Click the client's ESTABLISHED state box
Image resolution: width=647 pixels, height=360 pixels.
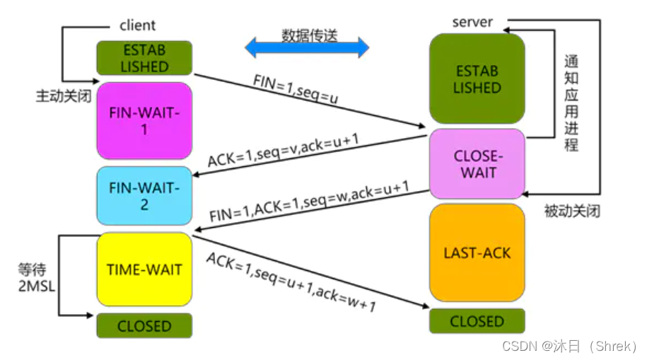point(144,58)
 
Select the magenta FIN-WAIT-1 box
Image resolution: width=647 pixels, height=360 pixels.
point(144,120)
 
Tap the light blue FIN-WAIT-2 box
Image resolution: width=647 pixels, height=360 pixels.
point(144,196)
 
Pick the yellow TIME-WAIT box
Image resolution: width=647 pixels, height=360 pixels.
point(144,269)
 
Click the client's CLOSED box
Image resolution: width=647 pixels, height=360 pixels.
point(144,326)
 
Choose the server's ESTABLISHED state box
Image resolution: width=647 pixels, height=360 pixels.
point(477,79)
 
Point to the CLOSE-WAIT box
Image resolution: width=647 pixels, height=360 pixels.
point(477,163)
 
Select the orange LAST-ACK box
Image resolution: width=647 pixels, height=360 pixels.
point(477,252)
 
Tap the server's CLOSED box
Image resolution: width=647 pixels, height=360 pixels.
point(477,321)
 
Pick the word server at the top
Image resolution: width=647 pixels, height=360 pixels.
point(472,22)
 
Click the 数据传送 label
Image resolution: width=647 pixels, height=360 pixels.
point(310,35)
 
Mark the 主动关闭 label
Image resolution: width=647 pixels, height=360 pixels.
point(64,96)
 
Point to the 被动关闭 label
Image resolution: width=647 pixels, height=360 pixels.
point(572,211)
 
